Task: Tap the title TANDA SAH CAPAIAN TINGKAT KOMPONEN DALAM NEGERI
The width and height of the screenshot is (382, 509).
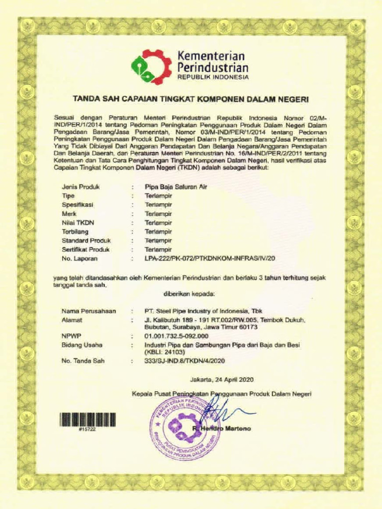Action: [x=191, y=99]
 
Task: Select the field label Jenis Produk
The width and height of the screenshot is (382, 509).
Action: [x=81, y=187]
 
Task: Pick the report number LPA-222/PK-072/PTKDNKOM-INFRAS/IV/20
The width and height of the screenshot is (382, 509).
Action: [x=209, y=258]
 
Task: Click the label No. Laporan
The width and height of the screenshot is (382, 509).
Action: [x=79, y=258]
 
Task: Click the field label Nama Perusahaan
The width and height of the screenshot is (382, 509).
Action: [x=89, y=311]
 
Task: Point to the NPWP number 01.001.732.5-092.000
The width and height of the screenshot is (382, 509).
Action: [x=176, y=336]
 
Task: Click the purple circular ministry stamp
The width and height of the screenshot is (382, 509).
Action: [x=185, y=428]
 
